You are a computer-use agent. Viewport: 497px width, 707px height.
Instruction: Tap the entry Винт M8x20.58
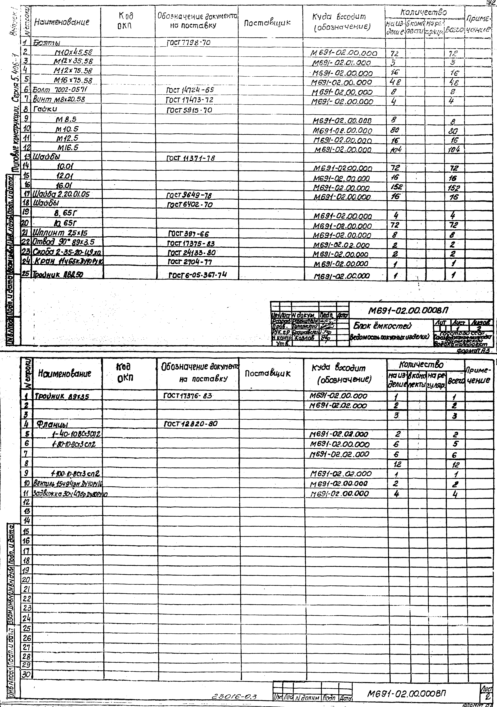(x=59, y=99)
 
